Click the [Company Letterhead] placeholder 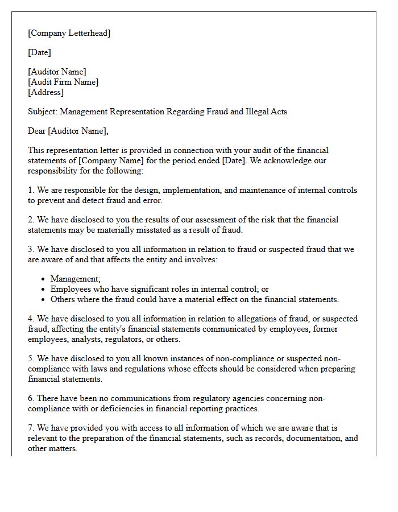pos(69,33)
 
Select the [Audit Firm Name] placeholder pos(63,82)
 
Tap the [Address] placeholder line pos(46,92)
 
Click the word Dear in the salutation pos(37,131)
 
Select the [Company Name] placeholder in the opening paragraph pos(109,160)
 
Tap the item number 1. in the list pos(31,190)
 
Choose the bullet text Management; pos(76,279)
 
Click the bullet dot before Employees pos(44,289)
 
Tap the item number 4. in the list pos(31,319)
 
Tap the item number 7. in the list pos(31,428)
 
